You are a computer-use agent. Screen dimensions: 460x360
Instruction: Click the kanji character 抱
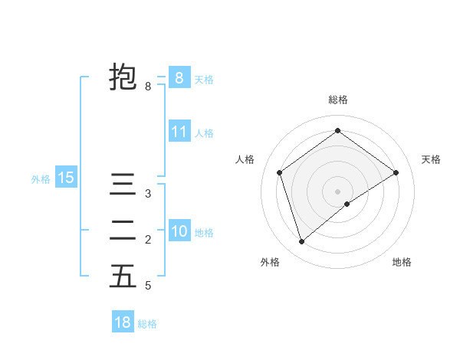tap(123, 77)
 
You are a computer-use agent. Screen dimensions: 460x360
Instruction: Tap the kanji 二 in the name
tap(123, 231)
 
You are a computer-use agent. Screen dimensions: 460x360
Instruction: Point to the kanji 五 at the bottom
tap(123, 276)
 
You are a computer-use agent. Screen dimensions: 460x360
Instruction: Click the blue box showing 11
tap(179, 132)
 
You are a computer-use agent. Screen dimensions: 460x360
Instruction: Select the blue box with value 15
tap(66, 178)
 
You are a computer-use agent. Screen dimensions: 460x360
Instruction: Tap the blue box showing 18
tap(123, 322)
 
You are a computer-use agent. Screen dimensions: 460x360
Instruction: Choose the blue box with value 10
tap(179, 231)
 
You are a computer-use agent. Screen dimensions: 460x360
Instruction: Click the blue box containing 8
tap(179, 77)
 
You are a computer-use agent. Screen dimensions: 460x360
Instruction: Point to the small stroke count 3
tap(148, 194)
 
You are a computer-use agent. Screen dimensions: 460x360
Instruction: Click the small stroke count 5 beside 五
tap(148, 286)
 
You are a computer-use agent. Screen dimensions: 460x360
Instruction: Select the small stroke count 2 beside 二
tap(148, 240)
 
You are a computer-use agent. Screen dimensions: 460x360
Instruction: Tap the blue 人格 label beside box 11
tap(204, 133)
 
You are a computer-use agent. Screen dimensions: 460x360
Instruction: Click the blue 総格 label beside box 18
tap(147, 324)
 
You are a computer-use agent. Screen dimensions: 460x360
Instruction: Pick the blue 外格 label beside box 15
tap(41, 179)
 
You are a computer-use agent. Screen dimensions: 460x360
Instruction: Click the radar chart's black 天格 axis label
tap(432, 159)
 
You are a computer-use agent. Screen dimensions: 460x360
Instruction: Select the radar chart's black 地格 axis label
tap(402, 262)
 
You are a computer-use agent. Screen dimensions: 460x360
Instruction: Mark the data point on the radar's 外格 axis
tap(302, 242)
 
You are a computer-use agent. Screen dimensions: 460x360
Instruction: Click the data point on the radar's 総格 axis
tap(337, 131)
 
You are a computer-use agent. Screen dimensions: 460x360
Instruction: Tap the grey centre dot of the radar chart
tap(337, 191)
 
